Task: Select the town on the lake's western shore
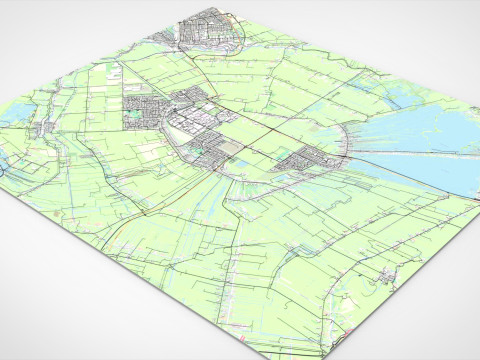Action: (305, 160)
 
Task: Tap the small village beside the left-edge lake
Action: (45, 126)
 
